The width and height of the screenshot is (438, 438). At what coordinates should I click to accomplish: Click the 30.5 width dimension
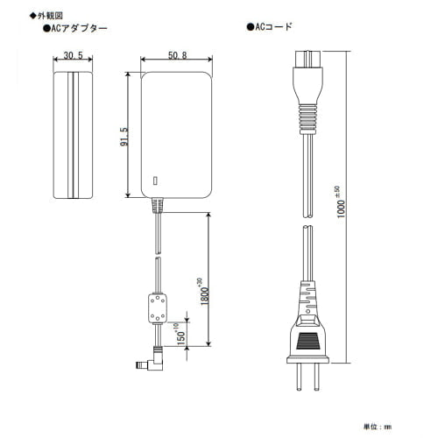(73, 55)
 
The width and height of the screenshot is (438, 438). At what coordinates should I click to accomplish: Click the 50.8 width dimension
(178, 55)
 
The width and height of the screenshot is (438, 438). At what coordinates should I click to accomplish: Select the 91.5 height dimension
(124, 137)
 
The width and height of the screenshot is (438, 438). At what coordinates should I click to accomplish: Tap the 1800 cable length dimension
(204, 292)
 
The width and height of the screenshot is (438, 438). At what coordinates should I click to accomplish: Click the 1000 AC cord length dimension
(340, 202)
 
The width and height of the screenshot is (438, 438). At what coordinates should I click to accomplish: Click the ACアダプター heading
(75, 28)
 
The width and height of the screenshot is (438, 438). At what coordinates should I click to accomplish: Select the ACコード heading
(269, 27)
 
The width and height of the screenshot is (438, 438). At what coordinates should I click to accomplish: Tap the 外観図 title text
(46, 16)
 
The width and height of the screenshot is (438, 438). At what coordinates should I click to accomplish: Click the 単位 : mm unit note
(378, 427)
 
